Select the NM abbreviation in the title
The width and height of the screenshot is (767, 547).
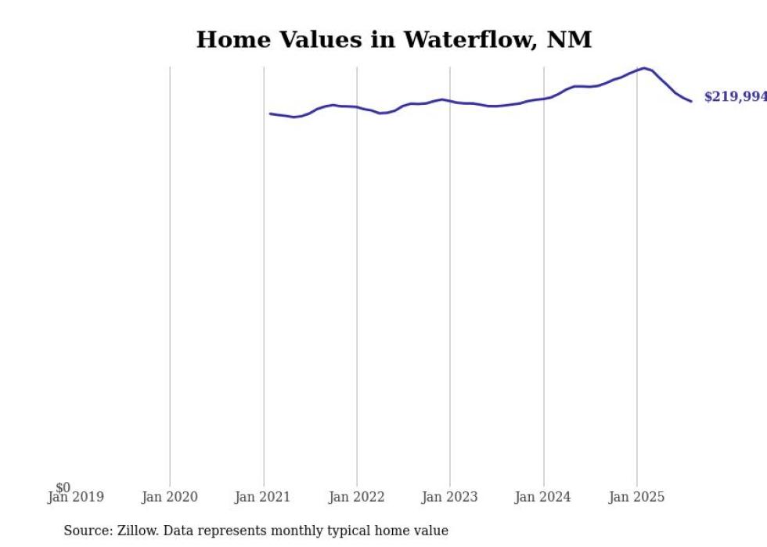click(x=571, y=39)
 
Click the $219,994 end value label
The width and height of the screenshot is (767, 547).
click(x=735, y=96)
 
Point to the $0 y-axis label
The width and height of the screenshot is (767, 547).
click(x=63, y=488)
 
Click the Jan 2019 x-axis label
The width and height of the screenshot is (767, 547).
click(x=75, y=497)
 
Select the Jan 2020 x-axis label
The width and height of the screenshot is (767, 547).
click(x=170, y=497)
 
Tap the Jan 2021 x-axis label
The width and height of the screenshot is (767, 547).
click(x=263, y=497)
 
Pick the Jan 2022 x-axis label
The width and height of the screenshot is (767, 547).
click(x=357, y=497)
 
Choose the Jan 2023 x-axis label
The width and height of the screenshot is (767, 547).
click(x=450, y=497)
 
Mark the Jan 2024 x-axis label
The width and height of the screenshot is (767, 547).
click(x=543, y=497)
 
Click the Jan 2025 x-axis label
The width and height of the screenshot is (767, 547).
click(x=636, y=497)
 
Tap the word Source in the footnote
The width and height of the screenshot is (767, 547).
click(x=86, y=531)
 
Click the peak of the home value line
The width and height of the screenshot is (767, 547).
click(x=644, y=68)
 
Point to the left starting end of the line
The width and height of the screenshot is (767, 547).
click(x=270, y=113)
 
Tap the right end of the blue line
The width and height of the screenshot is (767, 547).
click(x=691, y=101)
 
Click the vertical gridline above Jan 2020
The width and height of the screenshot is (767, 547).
click(x=170, y=274)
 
